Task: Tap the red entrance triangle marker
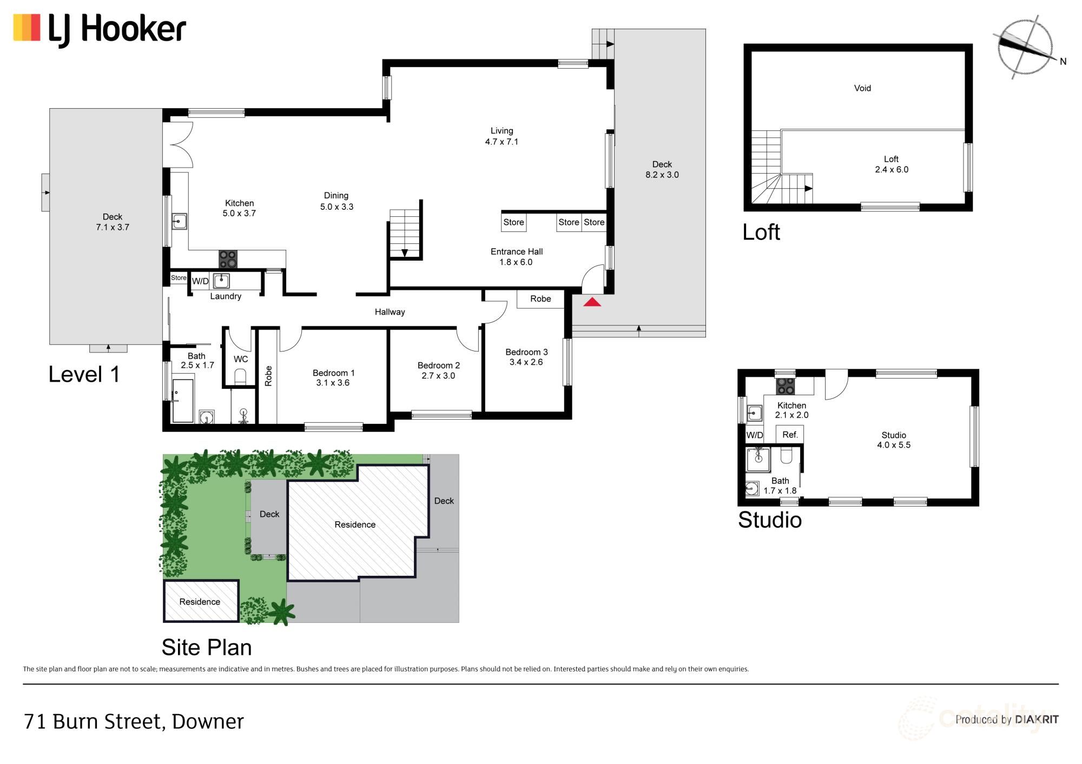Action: [592, 302]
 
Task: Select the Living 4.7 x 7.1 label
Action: [502, 136]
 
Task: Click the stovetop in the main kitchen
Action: [228, 259]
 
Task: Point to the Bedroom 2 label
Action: [438, 370]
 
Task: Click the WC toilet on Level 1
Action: [240, 376]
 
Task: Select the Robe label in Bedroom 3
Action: [540, 299]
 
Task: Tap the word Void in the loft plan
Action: [862, 88]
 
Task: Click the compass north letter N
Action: [1063, 62]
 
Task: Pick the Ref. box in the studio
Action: [790, 435]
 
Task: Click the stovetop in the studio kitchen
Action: [786, 386]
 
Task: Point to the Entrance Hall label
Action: [516, 257]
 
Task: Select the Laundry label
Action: [226, 296]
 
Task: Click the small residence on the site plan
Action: [201, 601]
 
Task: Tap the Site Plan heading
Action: [207, 647]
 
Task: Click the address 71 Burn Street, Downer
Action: [134, 721]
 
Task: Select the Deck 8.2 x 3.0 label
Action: [662, 169]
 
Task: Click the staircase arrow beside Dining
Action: [405, 253]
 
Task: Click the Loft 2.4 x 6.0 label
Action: [891, 164]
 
